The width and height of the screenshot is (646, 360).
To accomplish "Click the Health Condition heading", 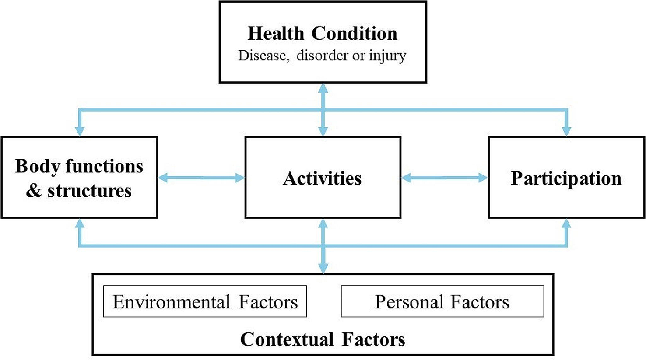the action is pos(323,34).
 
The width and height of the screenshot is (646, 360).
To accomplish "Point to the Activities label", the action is pos(323,178).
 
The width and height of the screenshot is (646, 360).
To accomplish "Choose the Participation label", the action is pos(566,178).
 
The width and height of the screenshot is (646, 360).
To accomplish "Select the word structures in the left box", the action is pos(89,191).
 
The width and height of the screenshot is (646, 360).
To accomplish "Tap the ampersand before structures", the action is pos(33,191).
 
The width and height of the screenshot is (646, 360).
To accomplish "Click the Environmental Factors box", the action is pos(205,302).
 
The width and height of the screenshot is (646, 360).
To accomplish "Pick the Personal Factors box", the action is pos(442,302).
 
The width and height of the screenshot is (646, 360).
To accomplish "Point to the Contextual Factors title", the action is pos(323,339).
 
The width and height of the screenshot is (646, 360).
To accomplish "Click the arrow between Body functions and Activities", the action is pos(201,178).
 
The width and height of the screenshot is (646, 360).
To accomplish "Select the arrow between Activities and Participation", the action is pos(444,178).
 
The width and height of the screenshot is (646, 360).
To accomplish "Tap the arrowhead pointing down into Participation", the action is pos(566,131).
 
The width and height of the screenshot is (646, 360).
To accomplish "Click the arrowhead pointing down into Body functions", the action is pos(79,131).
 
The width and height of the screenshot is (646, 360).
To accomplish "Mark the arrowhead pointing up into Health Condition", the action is pos(323,88).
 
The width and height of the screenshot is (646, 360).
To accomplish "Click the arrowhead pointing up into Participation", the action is pos(566,224).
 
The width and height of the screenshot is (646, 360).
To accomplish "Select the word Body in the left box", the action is pos(36,166).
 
